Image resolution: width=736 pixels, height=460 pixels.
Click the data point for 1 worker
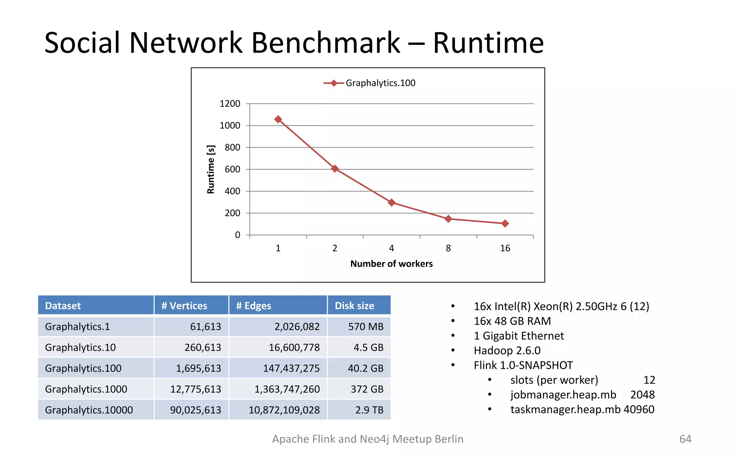[x=278, y=119]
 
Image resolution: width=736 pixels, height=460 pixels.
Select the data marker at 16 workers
[x=505, y=224]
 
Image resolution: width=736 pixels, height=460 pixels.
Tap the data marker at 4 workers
[x=391, y=203]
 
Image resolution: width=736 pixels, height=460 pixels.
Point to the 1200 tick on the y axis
[x=230, y=104]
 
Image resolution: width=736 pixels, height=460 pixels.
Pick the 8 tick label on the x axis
[x=448, y=248]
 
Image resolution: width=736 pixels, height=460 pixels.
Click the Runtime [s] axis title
[x=211, y=169]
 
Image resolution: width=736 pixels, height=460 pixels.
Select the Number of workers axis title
[x=391, y=264]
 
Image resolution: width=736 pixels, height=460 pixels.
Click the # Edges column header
[x=254, y=306]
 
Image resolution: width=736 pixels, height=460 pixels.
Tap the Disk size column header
[x=354, y=306]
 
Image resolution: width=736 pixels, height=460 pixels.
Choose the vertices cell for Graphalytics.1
[x=205, y=327]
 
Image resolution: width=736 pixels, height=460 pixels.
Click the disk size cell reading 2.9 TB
[x=369, y=410]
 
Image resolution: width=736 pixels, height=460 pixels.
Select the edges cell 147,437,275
[x=291, y=368]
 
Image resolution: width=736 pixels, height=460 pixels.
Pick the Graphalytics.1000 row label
[x=86, y=389]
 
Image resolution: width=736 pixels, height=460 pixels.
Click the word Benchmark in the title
[x=325, y=43]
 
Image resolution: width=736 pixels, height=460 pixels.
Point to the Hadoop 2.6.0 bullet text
[x=507, y=350]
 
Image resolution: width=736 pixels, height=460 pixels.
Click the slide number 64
[x=685, y=439]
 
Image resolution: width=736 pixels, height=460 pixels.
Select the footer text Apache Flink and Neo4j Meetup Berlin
[x=368, y=439]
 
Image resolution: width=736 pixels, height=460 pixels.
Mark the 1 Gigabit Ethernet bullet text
[x=519, y=336]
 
